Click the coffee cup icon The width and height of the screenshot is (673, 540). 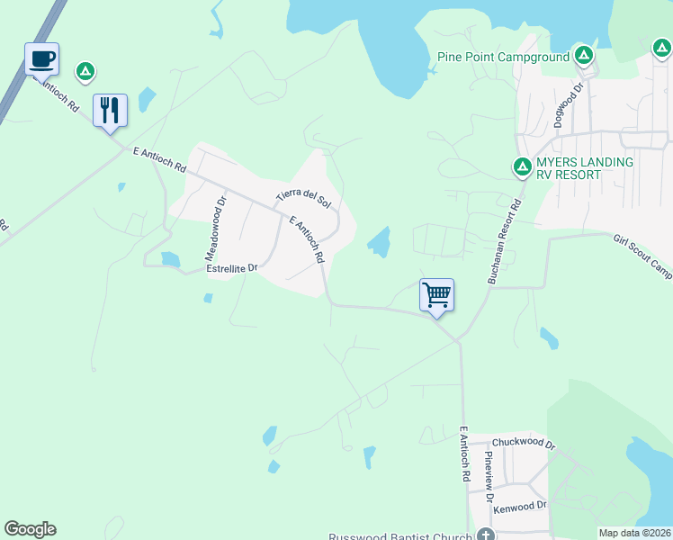(x=41, y=59)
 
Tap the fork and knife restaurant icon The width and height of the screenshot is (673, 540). (x=110, y=111)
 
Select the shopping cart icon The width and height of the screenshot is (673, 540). (x=436, y=294)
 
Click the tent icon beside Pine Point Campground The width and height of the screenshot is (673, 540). (x=584, y=56)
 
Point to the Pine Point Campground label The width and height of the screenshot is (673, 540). (x=504, y=57)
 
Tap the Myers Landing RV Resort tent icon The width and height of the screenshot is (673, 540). (x=522, y=166)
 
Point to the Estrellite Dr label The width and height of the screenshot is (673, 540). (x=232, y=268)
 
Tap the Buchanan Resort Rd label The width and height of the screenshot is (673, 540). (x=505, y=242)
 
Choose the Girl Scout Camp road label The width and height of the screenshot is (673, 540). (x=642, y=256)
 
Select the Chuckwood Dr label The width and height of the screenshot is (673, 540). (x=525, y=445)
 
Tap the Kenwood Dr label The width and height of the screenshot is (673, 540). (x=521, y=506)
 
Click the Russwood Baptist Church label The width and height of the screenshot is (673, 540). (x=400, y=537)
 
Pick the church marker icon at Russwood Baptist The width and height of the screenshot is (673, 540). (x=487, y=535)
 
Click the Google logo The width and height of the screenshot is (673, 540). (x=30, y=529)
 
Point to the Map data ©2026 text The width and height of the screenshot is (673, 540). (x=635, y=532)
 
